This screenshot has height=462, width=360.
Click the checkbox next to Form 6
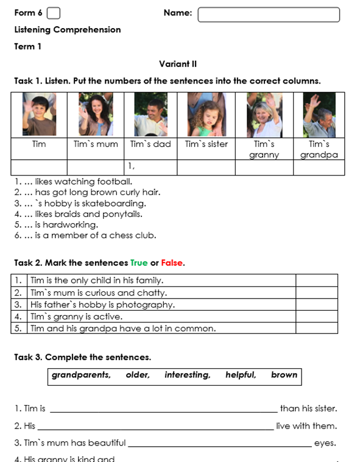click(54, 13)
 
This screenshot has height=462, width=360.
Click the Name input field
click(269, 15)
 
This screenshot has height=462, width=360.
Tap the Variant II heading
click(178, 64)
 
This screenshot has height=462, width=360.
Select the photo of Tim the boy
click(39, 115)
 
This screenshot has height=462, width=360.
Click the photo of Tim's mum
click(96, 115)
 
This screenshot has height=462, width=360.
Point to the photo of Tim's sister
click(206, 115)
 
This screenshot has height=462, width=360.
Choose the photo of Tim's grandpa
click(319, 115)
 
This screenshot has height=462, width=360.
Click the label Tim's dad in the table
click(150, 144)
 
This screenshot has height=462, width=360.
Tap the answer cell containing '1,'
click(150, 168)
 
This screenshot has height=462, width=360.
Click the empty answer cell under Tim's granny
click(264, 168)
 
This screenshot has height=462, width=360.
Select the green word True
click(139, 263)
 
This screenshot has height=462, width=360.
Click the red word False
click(172, 263)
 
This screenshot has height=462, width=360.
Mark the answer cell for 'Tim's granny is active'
click(317, 316)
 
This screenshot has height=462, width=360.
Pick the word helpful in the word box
click(241, 375)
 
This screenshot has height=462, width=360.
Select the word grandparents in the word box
click(81, 375)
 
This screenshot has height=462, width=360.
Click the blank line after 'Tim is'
click(164, 411)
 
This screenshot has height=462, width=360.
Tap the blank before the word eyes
click(220, 446)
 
